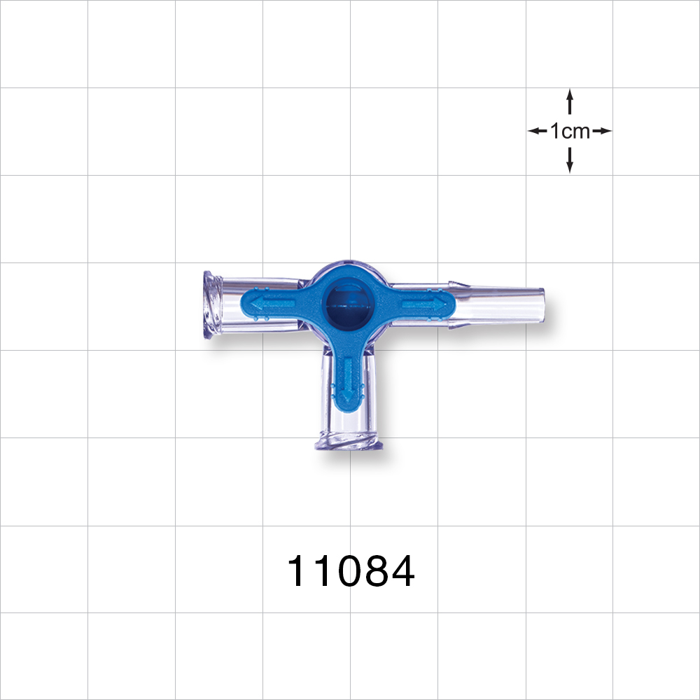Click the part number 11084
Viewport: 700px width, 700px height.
[351, 572]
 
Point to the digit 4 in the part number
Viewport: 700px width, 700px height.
[401, 572]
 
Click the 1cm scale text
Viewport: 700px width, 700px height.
[570, 131]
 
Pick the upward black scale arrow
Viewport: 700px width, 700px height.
[570, 101]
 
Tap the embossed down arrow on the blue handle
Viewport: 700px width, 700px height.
[347, 381]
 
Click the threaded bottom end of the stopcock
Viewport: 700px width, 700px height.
[347, 442]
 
